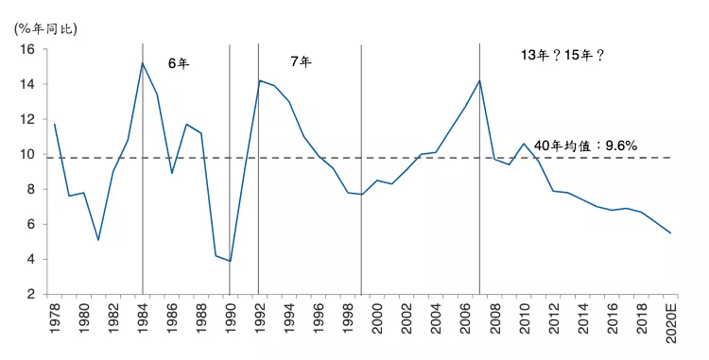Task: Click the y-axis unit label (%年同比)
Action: click(x=46, y=27)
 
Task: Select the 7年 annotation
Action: click(x=301, y=61)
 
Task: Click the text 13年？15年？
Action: click(x=563, y=56)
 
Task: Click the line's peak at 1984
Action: click(x=142, y=63)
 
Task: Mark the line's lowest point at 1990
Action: click(x=230, y=262)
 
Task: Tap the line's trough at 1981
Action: click(x=98, y=240)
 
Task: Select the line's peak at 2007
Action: click(x=480, y=80)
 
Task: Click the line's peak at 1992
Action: click(x=259, y=80)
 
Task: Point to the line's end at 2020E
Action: click(x=670, y=233)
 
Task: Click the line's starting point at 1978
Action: click(x=55, y=124)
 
